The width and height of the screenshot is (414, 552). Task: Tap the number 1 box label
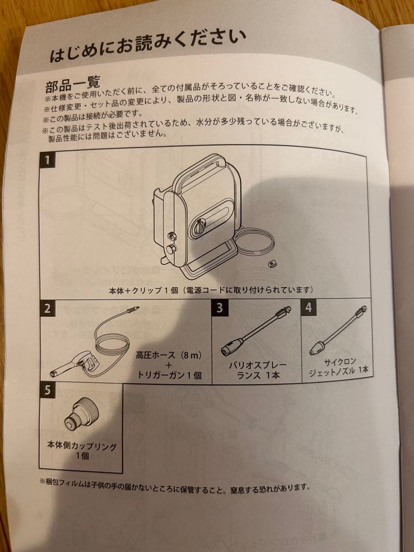(48, 160)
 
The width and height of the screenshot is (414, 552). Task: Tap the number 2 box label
(48, 308)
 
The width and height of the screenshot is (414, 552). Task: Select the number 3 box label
(220, 308)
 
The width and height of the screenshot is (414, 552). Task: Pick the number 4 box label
(308, 308)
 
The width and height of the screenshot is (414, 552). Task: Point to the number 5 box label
(48, 390)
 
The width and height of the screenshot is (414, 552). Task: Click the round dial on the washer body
(200, 225)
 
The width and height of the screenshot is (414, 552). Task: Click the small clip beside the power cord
(271, 264)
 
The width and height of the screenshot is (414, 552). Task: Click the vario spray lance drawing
(256, 331)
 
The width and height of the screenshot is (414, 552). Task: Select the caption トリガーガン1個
(170, 375)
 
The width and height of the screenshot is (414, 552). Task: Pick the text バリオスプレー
(257, 365)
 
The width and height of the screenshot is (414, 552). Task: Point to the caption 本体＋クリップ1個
(144, 290)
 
